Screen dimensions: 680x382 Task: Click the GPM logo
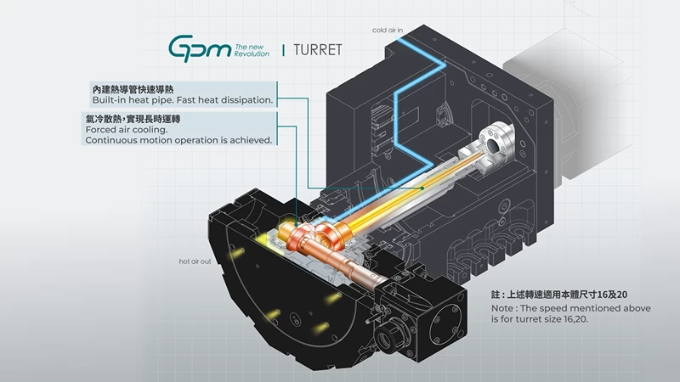(200, 48)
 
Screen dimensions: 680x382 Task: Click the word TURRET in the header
(317, 50)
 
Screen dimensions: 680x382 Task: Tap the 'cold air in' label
(388, 30)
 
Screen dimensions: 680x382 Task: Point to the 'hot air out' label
(195, 261)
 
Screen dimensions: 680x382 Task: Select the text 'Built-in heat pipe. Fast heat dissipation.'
(183, 100)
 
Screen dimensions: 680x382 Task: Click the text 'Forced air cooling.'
(126, 130)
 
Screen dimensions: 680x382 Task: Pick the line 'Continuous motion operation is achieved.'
(178, 140)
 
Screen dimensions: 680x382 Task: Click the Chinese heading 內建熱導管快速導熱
(133, 89)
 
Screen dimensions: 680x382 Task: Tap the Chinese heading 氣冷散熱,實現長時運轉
(133, 119)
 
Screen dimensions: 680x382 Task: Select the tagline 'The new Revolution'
(252, 50)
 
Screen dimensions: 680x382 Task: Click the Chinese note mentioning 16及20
(559, 295)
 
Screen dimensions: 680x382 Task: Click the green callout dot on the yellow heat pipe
(422, 188)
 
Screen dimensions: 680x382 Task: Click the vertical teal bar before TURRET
(284, 50)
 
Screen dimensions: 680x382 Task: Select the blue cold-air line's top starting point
(399, 39)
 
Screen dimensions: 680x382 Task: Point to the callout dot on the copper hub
(296, 225)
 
